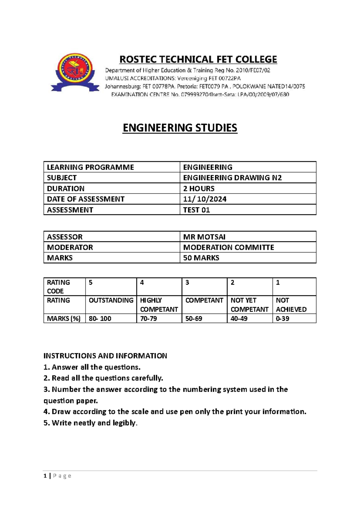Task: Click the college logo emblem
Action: coord(75,72)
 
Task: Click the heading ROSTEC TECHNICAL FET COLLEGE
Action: coord(198,59)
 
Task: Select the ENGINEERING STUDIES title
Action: coord(180,128)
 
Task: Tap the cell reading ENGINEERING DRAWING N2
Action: coord(232,178)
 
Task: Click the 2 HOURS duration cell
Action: coord(199,188)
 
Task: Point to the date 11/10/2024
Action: coord(205,199)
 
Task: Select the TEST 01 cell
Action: coord(196,210)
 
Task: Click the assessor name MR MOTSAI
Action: coord(204,237)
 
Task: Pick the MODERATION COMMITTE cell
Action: coord(228,247)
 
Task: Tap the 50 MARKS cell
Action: coord(201,258)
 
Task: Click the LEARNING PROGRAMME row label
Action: coord(90,167)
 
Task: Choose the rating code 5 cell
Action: coord(91,283)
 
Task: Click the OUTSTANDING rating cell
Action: coord(111,300)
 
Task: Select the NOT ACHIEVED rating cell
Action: coord(291,305)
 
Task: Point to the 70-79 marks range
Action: coord(148,318)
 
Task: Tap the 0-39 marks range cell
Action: coord(282,318)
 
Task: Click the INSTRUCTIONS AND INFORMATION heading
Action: coord(105,356)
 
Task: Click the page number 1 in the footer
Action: coord(45,476)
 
